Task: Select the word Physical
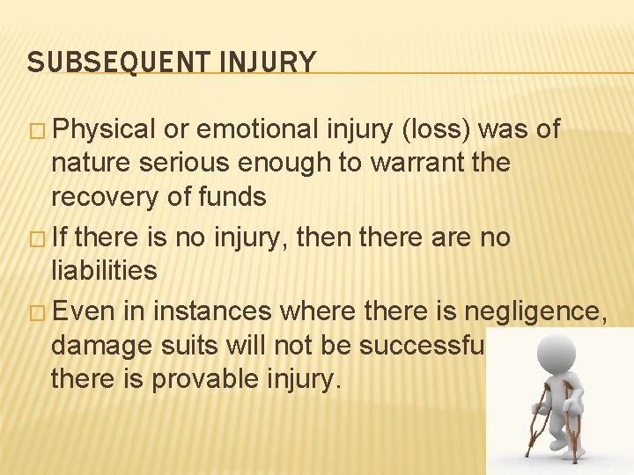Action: [107, 130]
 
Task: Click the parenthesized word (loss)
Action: [436, 130]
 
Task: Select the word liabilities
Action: [104, 271]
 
